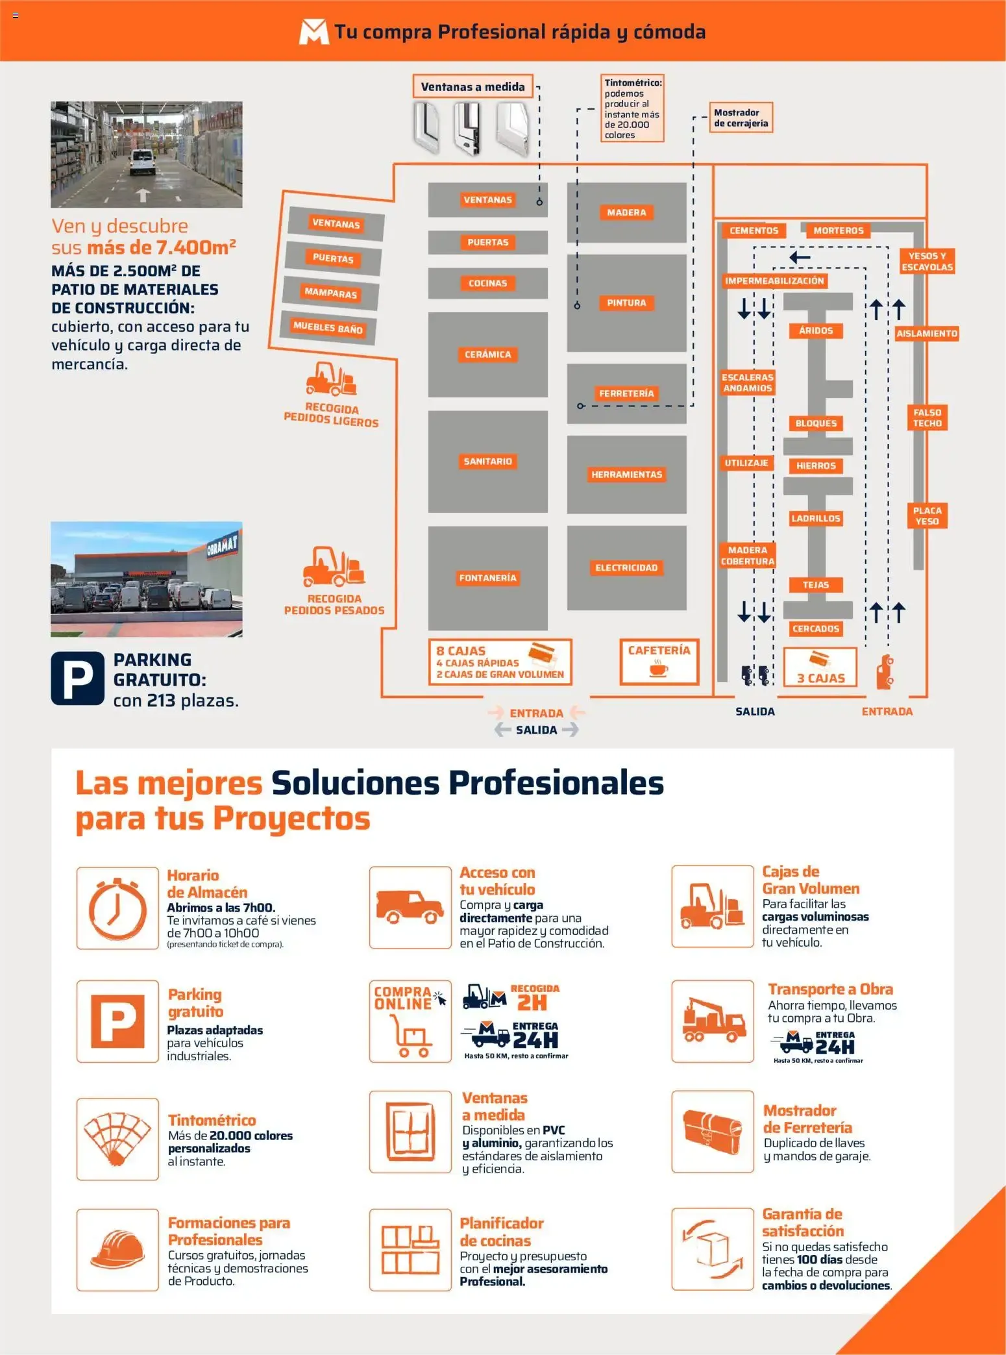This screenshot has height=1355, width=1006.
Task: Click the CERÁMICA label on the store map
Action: pos(487,354)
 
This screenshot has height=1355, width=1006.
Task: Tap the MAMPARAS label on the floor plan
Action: pos(331,293)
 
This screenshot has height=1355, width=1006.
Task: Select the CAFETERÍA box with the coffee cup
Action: pos(659,662)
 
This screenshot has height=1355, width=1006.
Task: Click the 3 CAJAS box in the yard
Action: pos(820,667)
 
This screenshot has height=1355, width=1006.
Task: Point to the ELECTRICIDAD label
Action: pos(626,568)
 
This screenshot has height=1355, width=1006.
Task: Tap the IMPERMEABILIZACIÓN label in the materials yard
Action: pos(774,281)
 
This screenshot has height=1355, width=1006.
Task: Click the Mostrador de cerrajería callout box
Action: pos(741,118)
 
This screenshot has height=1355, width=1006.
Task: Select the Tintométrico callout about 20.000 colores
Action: pos(632,108)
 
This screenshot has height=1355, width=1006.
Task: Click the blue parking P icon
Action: pos(77,678)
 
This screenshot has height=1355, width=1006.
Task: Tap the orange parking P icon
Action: pos(117,1021)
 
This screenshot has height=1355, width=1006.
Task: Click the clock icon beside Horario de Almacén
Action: pos(117,908)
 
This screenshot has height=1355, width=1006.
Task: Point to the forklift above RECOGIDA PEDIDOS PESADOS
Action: pos(334,566)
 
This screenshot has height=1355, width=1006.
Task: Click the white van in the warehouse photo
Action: pos(142,162)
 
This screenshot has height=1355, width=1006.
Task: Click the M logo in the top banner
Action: pos(313,32)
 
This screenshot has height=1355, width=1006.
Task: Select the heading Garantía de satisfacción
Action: pos(803,1223)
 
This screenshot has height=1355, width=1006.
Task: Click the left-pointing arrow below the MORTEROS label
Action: pos(800,258)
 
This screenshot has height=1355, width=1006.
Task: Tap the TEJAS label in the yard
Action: pos(816,585)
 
